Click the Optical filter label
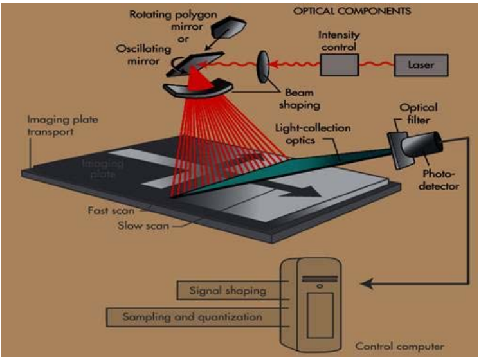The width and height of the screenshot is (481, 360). [419, 114]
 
